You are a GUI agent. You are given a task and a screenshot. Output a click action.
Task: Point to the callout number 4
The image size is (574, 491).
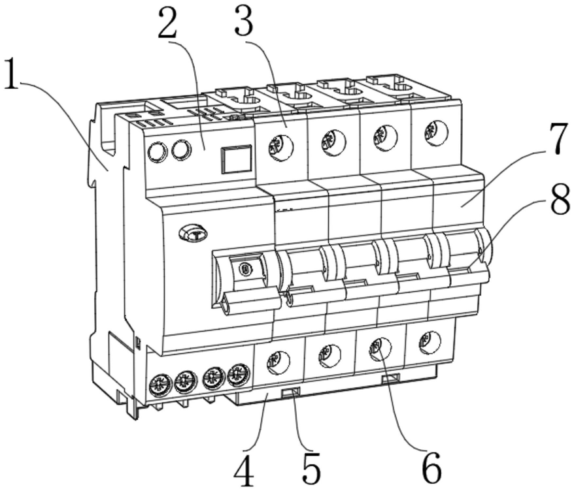tap(244, 471)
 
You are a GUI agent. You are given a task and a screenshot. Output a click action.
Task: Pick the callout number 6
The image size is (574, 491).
tap(432, 468)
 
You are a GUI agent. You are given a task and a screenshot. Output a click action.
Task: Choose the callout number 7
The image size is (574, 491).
tap(558, 138)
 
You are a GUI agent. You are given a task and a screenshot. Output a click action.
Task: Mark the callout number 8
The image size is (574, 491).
tap(560, 199)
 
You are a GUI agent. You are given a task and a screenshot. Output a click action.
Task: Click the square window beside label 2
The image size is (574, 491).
tap(236, 159)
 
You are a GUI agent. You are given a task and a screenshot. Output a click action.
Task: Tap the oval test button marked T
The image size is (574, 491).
tap(193, 233)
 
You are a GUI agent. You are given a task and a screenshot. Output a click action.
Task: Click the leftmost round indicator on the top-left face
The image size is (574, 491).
tap(158, 151)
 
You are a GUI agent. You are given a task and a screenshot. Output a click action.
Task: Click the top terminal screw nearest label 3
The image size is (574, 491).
tap(280, 146)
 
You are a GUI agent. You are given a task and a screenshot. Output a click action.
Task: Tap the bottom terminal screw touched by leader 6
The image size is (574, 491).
tap(380, 349)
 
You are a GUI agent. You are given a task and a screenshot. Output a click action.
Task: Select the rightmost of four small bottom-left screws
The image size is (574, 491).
tap(239, 374)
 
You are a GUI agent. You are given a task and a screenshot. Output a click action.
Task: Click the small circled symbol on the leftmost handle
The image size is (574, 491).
tap(245, 269)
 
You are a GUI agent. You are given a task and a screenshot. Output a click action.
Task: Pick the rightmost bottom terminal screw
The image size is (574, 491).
tap(430, 342)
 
